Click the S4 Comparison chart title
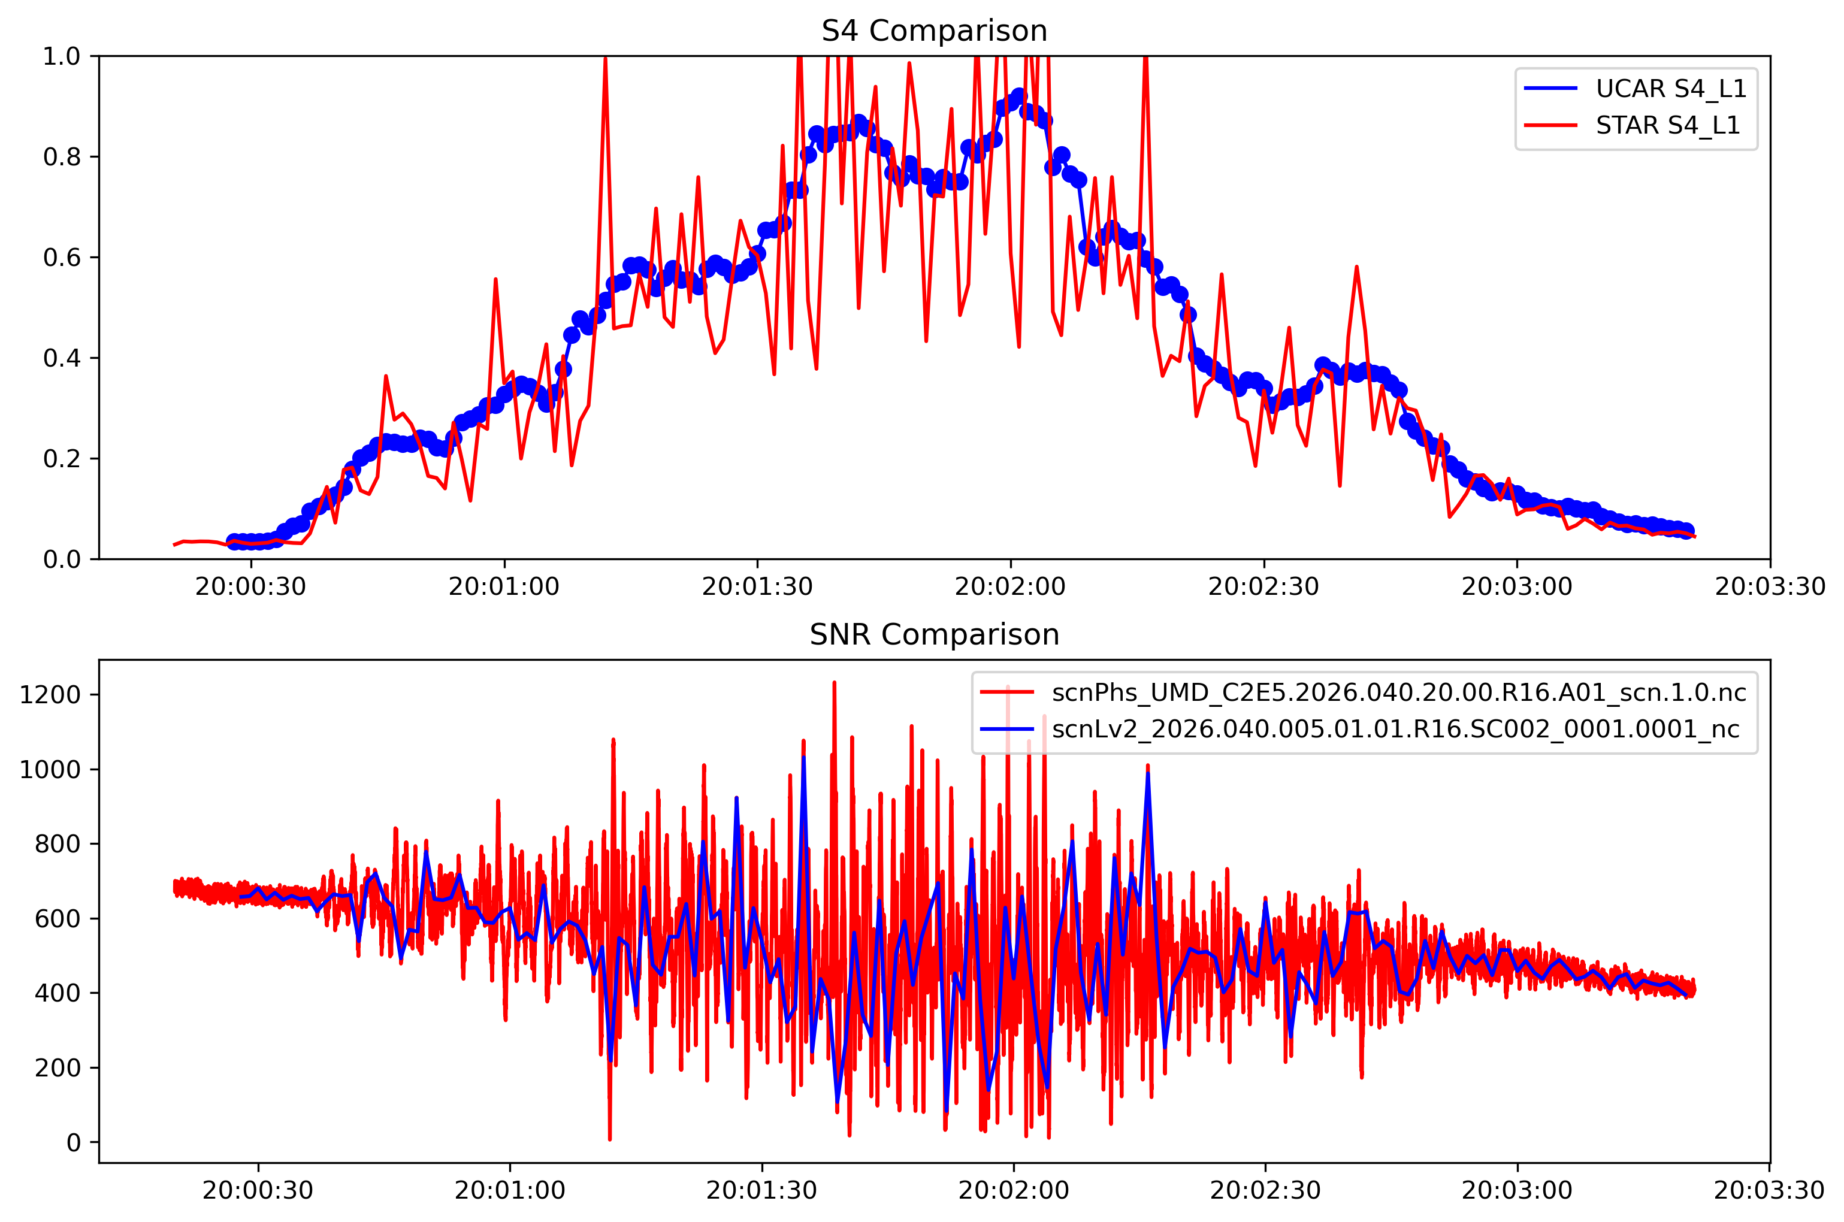point(934,31)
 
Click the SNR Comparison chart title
point(934,635)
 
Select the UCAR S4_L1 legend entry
point(1670,89)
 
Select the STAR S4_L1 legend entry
point(1667,125)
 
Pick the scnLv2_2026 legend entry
point(1395,728)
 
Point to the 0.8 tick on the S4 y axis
point(62,157)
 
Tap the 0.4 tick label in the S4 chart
point(62,358)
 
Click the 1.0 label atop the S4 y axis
point(62,56)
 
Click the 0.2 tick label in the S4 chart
point(62,459)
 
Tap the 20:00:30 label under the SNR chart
point(258,1191)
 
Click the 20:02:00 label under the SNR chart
point(1013,1191)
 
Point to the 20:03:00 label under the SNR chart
point(1517,1191)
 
